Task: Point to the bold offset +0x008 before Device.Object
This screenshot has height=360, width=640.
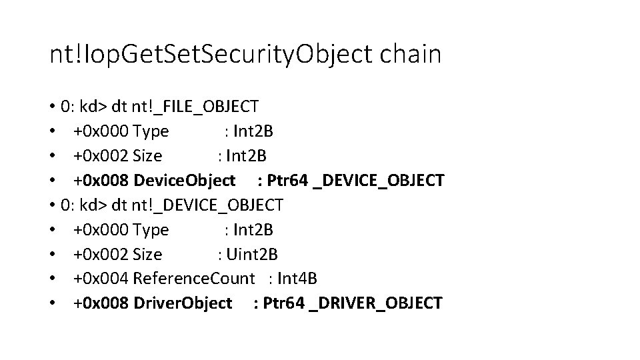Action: point(103,180)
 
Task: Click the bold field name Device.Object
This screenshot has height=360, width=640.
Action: point(185,180)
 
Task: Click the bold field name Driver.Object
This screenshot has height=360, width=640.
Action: point(183,303)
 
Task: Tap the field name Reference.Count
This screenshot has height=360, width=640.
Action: point(194,279)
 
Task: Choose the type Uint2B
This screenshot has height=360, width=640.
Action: point(253,254)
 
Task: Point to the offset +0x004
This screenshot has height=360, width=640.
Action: point(101,279)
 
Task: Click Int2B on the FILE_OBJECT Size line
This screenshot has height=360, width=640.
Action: point(247,155)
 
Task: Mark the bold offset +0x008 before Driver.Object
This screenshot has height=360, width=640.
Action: point(103,303)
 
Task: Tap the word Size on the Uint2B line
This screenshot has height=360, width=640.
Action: point(147,254)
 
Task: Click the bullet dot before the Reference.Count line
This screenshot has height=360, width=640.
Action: point(52,279)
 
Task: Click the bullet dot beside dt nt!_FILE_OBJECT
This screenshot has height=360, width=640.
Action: point(52,106)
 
